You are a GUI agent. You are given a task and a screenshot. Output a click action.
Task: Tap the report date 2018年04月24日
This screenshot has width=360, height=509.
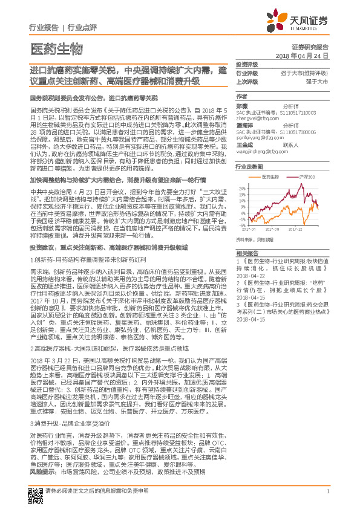click(301, 55)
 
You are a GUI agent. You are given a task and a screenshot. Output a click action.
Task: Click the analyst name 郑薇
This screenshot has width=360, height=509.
click(241, 105)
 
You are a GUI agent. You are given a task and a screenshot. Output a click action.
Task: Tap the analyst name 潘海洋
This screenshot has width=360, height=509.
click(243, 125)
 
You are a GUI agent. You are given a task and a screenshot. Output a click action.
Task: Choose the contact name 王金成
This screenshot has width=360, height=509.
click(244, 145)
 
